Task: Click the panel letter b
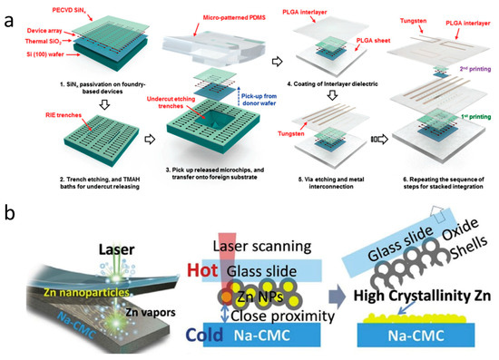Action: (10, 218)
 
